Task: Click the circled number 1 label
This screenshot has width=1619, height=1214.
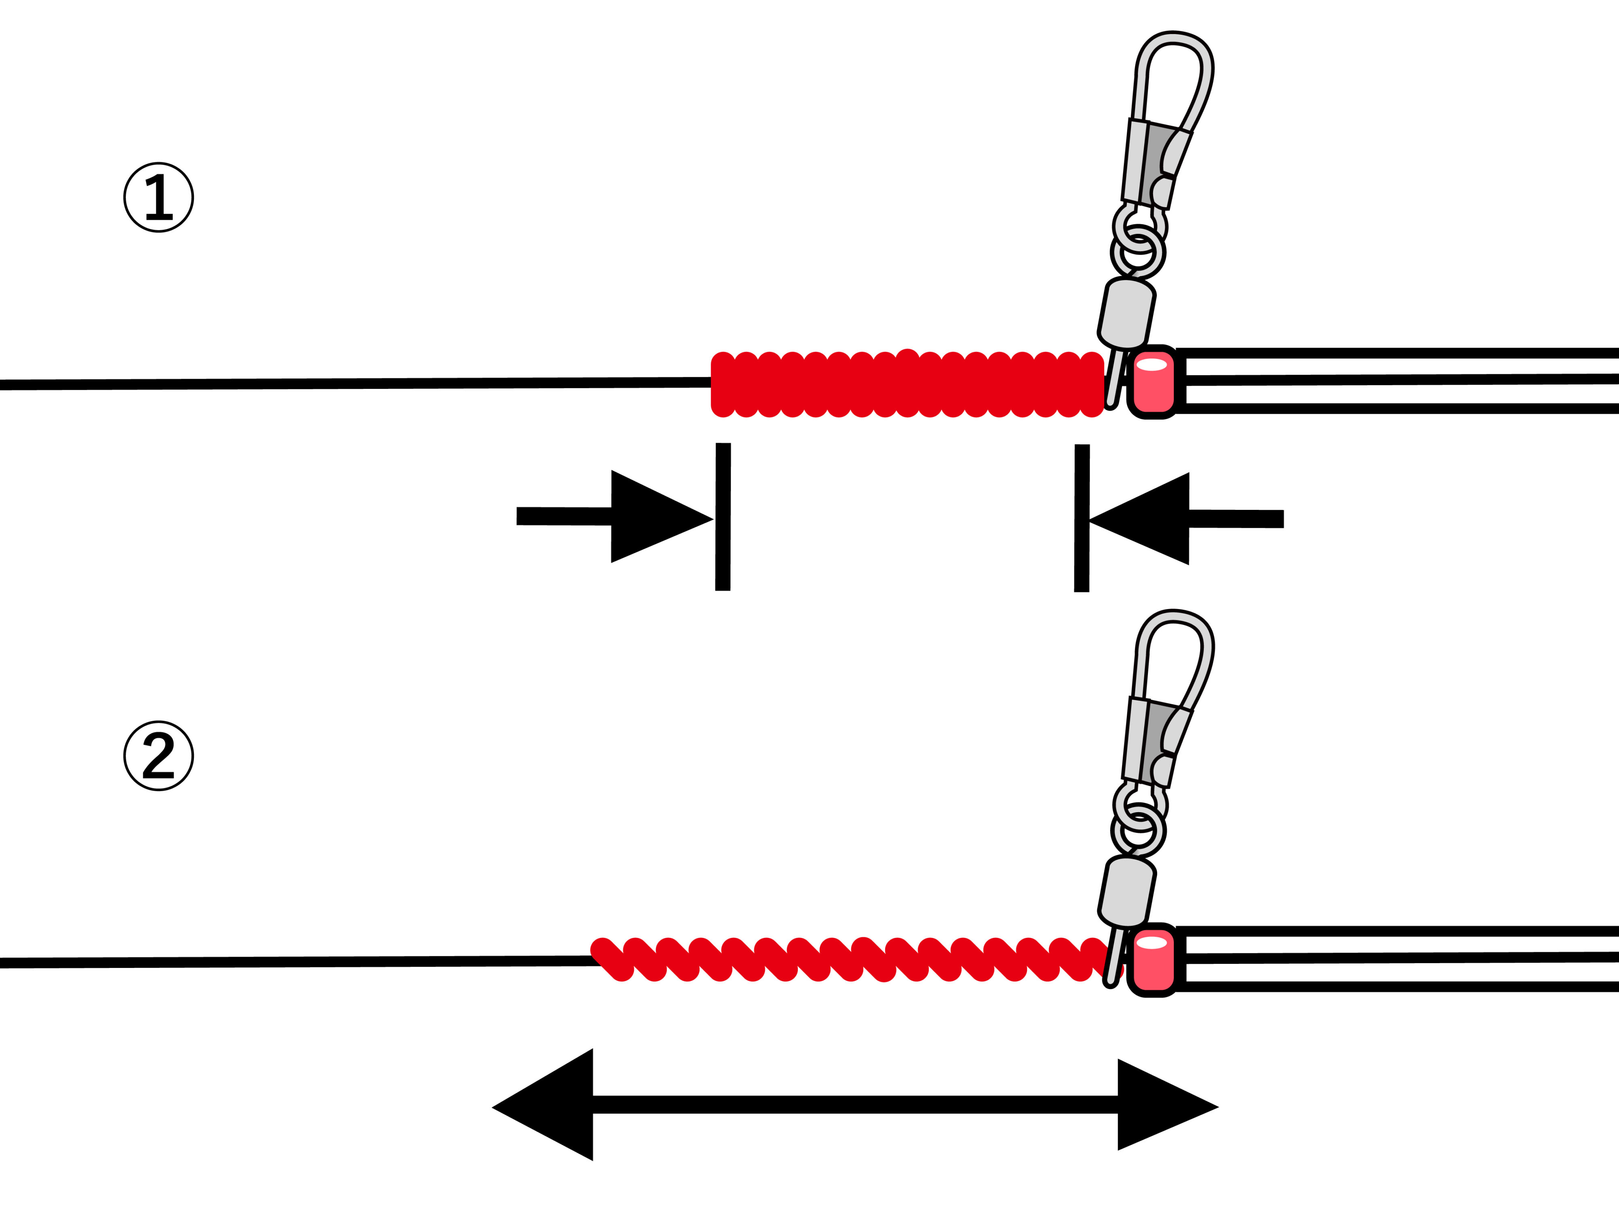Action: click(x=158, y=197)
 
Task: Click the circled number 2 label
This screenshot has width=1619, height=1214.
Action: click(x=158, y=756)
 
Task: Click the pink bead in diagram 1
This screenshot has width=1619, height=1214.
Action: click(x=1153, y=382)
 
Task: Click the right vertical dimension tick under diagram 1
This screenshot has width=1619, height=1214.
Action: click(x=1082, y=518)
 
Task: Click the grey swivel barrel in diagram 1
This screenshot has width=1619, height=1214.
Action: click(x=1127, y=313)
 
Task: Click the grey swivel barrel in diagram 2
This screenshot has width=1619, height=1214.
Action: click(x=1127, y=891)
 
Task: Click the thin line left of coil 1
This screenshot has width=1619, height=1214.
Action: click(x=351, y=384)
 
